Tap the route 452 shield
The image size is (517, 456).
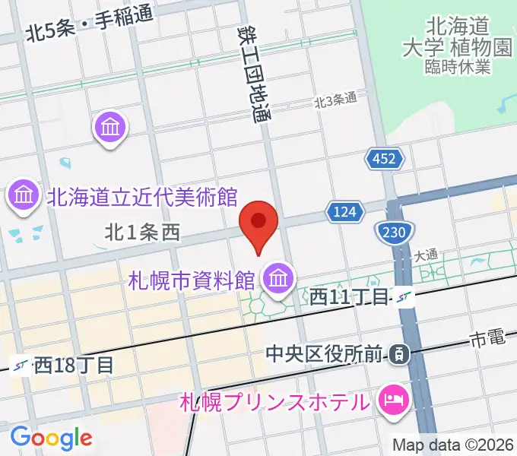(x=383, y=159)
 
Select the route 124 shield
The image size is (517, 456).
(x=342, y=213)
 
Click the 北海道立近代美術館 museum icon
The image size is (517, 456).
(x=24, y=197)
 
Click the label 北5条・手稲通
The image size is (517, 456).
(x=89, y=25)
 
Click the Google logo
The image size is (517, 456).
(x=51, y=437)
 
